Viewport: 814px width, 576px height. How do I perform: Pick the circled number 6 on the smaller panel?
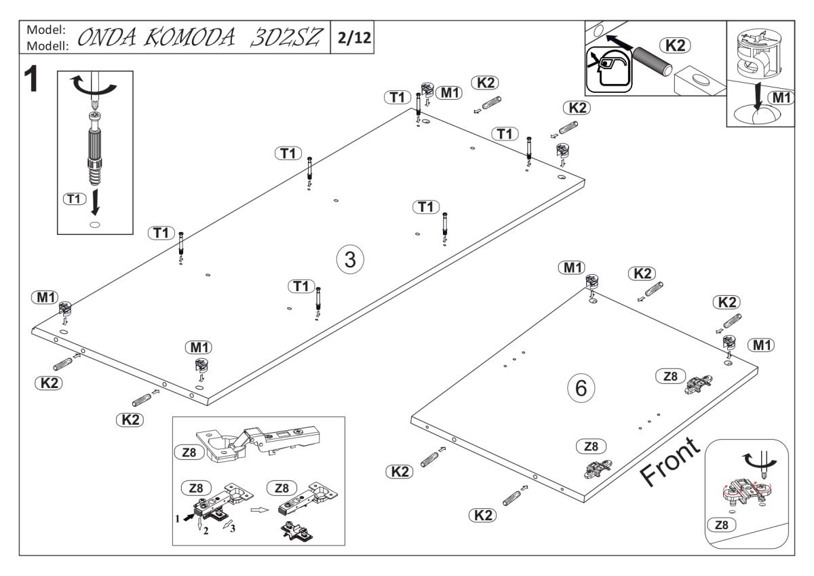(x=581, y=388)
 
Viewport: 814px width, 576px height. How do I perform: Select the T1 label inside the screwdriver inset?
(x=73, y=198)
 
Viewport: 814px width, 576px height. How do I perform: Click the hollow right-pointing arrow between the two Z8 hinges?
(x=258, y=507)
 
